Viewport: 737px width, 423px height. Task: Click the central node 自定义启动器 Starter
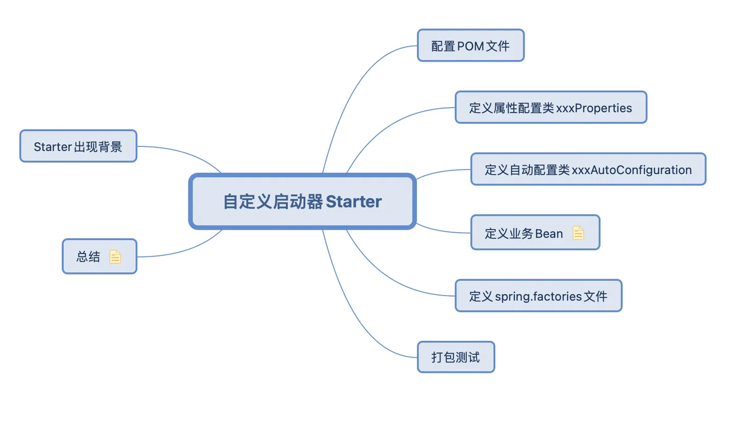pos(302,201)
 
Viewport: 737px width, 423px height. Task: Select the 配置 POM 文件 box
pos(471,45)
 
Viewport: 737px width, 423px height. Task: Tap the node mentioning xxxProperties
pos(551,107)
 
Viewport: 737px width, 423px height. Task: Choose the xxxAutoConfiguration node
pos(589,169)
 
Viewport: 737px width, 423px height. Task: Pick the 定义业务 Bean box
pos(535,232)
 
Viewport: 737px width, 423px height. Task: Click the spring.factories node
pos(539,296)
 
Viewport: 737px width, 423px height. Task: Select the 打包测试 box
pos(456,357)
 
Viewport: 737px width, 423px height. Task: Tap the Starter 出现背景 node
pos(78,146)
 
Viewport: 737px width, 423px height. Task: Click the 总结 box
pos(99,256)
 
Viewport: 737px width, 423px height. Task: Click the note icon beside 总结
pos(115,257)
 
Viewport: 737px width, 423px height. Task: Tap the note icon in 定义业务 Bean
pos(578,233)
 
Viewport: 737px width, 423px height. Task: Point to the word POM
pos(471,46)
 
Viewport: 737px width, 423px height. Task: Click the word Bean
pos(549,233)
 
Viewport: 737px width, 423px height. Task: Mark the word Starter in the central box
pos(354,201)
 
